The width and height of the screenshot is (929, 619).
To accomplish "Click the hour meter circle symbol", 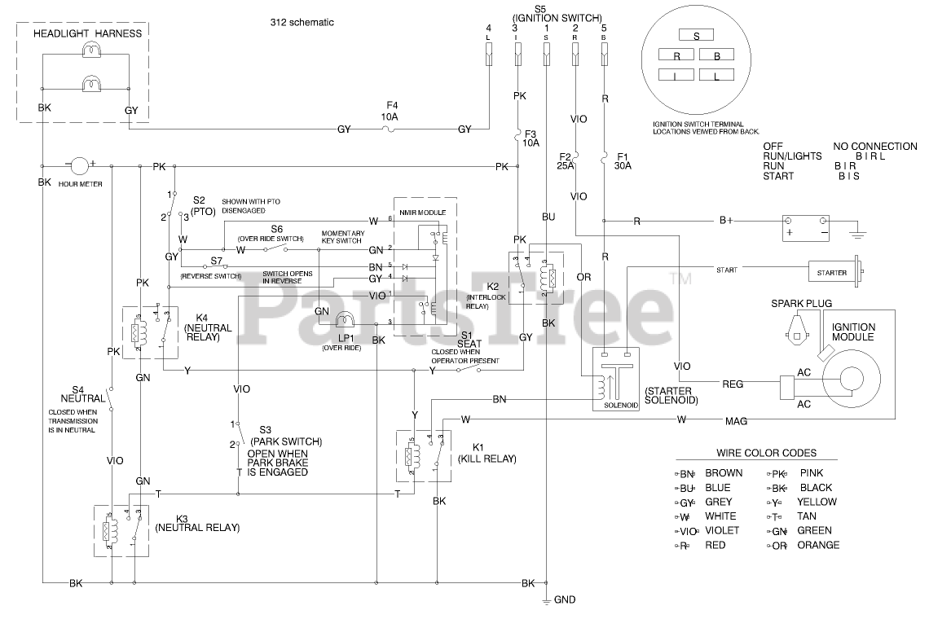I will (x=80, y=166).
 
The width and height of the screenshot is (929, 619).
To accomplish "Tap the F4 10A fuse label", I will (x=391, y=111).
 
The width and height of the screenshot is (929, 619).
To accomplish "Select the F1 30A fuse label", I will (x=623, y=160).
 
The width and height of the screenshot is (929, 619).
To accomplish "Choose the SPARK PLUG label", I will (x=802, y=304).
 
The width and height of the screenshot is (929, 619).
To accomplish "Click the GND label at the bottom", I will (x=565, y=600).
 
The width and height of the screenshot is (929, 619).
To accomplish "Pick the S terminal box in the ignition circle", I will (x=695, y=35).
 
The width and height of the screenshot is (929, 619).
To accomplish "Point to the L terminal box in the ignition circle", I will (x=716, y=76).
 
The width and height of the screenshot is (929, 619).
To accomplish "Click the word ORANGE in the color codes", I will (x=818, y=546).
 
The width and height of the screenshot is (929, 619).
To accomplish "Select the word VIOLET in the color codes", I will (x=722, y=530).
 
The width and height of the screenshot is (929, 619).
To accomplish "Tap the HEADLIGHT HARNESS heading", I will (x=87, y=33).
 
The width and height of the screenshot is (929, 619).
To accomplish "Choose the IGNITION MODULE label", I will (x=852, y=331).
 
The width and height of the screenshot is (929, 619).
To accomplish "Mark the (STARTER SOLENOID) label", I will (x=672, y=395).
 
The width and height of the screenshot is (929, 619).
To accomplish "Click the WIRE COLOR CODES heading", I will (x=766, y=454).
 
